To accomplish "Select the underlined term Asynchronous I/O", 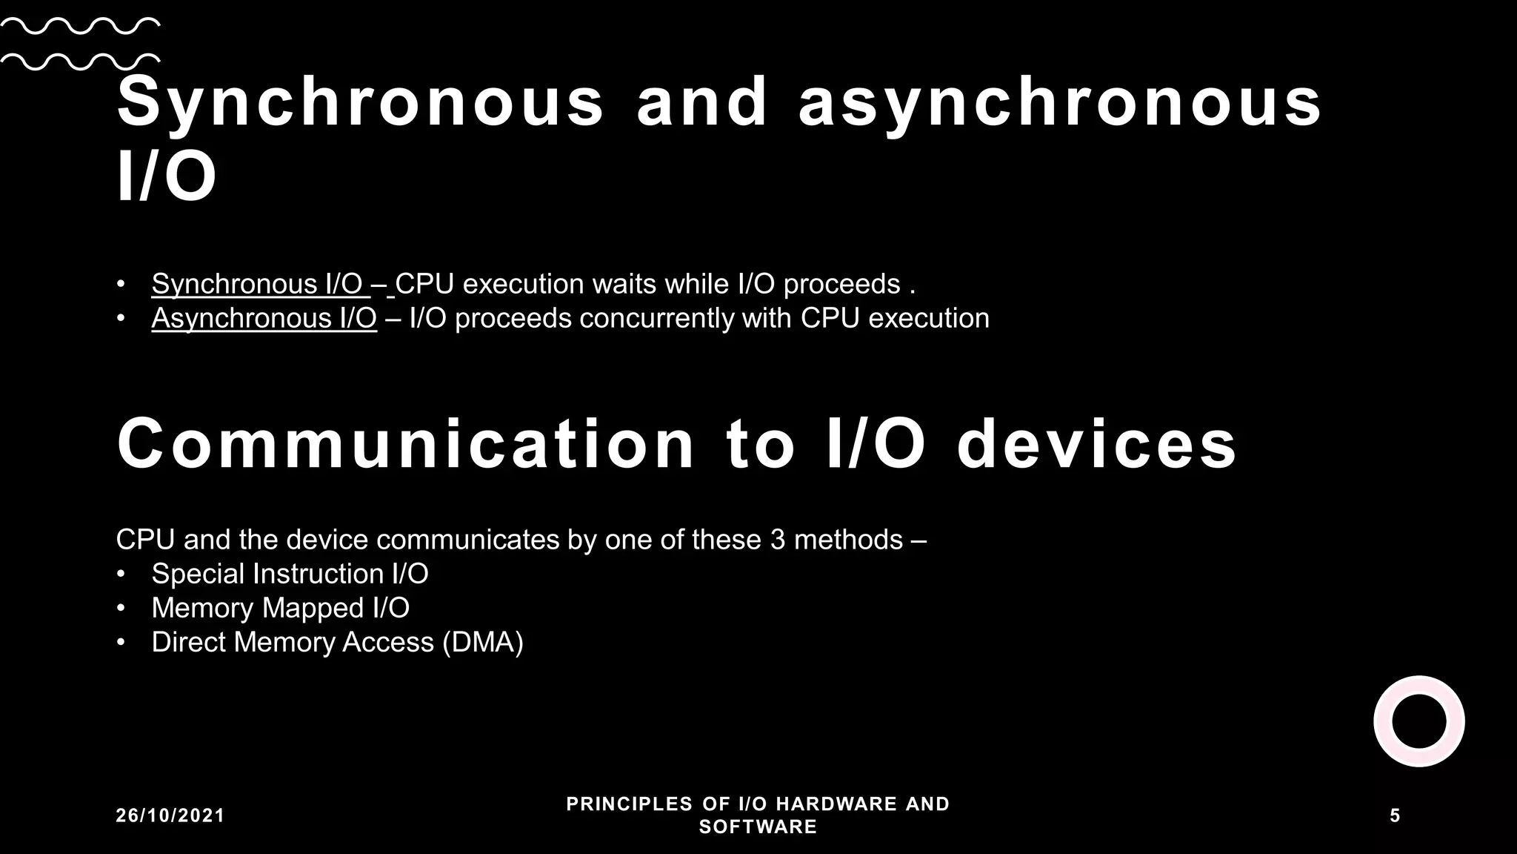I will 264,318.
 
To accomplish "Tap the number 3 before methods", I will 777,540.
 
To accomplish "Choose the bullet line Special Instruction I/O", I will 290,574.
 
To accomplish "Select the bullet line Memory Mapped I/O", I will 280,608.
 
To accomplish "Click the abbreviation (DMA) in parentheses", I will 482,642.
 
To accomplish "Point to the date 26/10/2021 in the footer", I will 170,815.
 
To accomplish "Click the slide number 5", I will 1395,815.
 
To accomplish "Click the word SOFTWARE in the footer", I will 758,827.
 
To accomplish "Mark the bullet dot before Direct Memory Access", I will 121,642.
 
